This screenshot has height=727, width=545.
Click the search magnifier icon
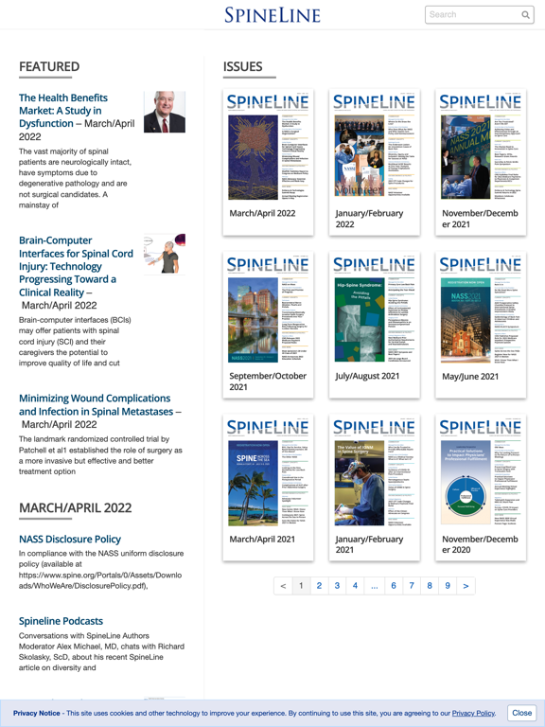coord(526,15)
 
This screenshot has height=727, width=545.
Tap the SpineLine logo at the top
coord(272,15)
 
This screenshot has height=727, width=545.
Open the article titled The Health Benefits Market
coord(63,111)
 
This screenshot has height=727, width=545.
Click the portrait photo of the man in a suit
coord(165,112)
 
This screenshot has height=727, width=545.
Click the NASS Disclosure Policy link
coord(70,539)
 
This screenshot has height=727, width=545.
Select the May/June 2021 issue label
coord(470,376)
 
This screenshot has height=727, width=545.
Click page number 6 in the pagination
coord(394,586)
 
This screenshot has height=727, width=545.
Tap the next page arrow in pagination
coord(466,586)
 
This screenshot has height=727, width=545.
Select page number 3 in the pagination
coord(337,586)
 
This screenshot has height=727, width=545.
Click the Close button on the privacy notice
coord(521,713)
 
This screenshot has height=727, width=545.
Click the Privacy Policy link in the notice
coord(473,713)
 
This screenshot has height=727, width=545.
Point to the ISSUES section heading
coord(242,66)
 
